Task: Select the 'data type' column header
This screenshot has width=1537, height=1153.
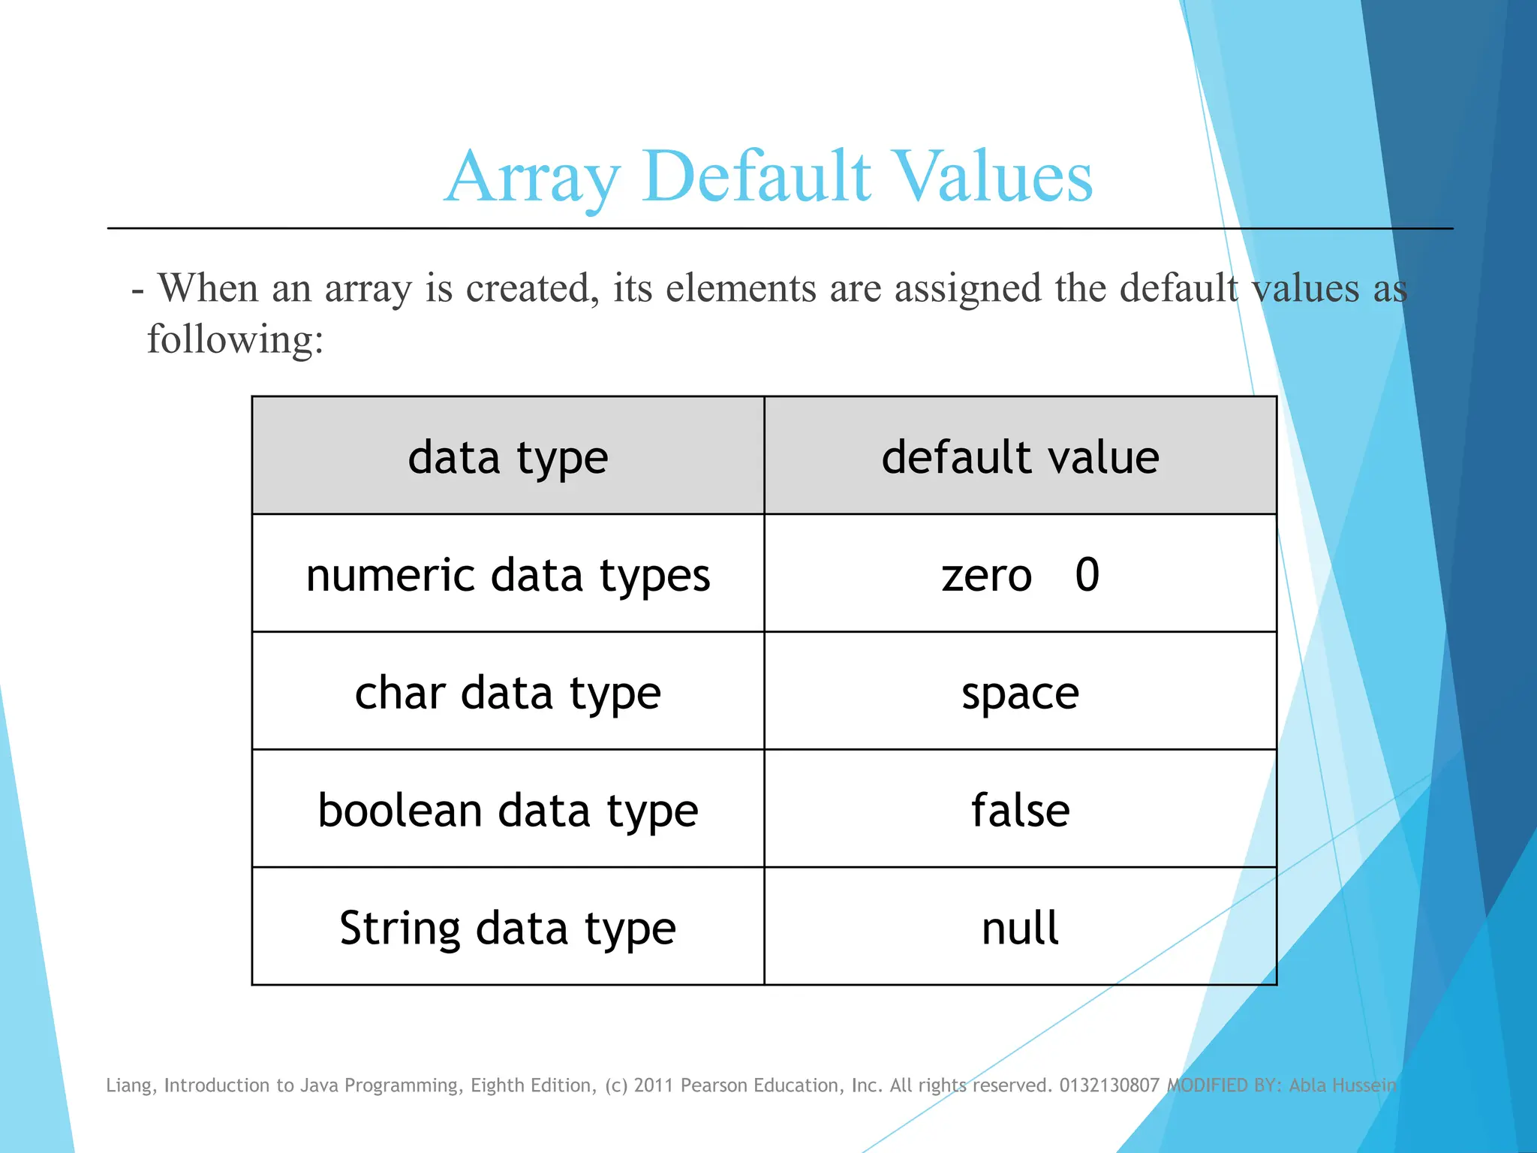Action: (x=508, y=457)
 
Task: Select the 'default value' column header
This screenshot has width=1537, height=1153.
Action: (x=1020, y=457)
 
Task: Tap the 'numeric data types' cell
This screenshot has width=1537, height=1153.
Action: (x=508, y=576)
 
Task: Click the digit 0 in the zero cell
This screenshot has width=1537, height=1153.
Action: (x=1087, y=575)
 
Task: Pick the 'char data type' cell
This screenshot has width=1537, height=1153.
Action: (x=508, y=693)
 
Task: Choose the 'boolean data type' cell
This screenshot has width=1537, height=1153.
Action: (x=508, y=811)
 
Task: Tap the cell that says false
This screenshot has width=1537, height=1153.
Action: (x=1020, y=810)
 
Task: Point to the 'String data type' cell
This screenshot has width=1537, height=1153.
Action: (x=508, y=929)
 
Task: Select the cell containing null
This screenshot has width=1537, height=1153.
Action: (x=1020, y=928)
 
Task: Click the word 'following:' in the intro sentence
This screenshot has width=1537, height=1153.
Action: (x=235, y=339)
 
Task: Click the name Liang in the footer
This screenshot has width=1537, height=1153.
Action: (x=131, y=1085)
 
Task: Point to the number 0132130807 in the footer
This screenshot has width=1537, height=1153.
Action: (x=1109, y=1085)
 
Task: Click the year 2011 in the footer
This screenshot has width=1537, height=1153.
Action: (x=654, y=1085)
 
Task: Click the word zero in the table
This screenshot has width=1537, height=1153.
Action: (x=987, y=576)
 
